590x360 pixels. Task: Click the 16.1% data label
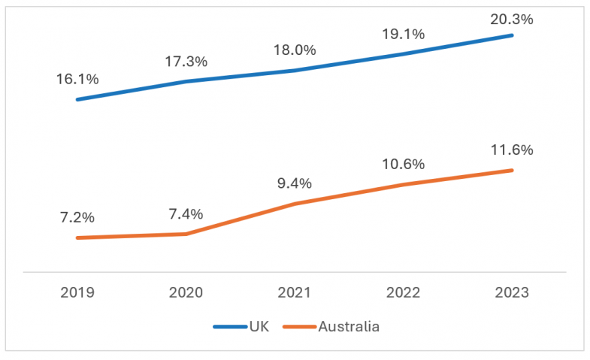tap(77, 79)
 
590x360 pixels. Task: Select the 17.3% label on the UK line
tap(186, 62)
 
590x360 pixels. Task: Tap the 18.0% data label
tap(295, 50)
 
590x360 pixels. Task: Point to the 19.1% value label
tap(404, 34)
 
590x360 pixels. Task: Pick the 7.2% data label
tap(77, 218)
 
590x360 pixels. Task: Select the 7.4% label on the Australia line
tap(186, 213)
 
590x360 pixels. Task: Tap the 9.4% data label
tap(295, 183)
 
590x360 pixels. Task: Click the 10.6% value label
tap(404, 164)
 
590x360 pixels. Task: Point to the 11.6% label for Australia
tap(512, 150)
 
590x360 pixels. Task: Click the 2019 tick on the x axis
tap(77, 292)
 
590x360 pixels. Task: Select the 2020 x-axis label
tap(186, 292)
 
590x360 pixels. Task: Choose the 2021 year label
tap(295, 292)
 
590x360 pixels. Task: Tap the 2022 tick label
tap(404, 292)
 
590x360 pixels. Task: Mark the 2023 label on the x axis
tap(512, 292)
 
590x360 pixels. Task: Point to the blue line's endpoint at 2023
tap(512, 35)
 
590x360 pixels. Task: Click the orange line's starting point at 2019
tap(77, 237)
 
